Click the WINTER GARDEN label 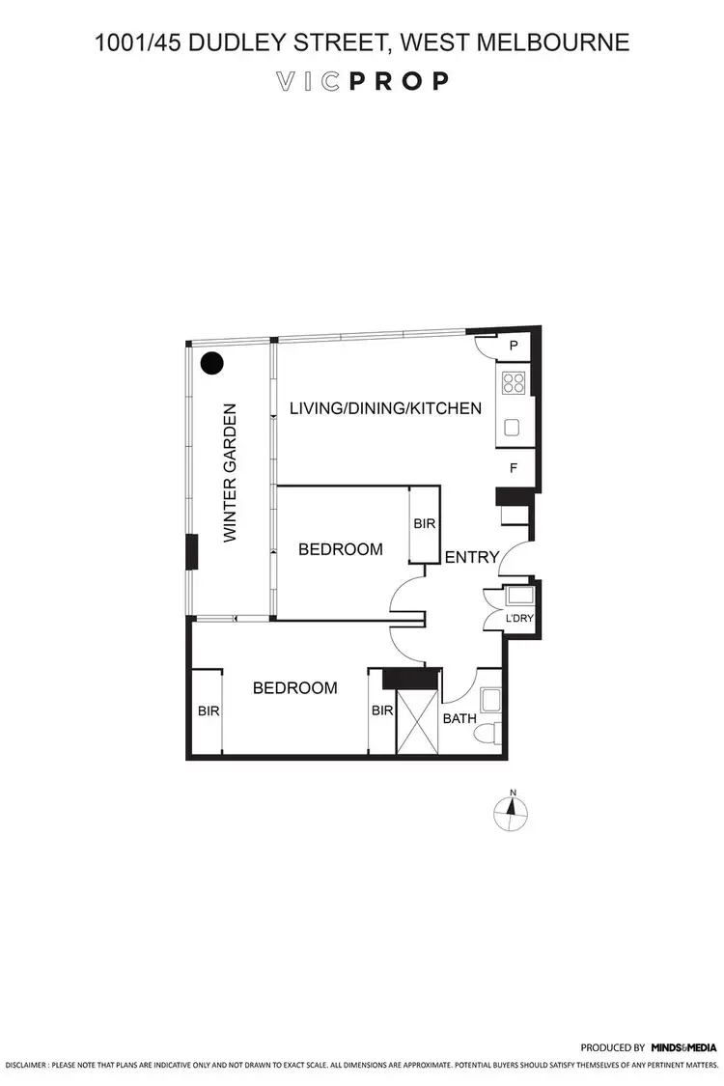[230, 473]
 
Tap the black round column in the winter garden [211, 363]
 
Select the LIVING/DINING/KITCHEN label [385, 408]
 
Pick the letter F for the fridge [514, 468]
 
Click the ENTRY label [472, 557]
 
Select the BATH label [459, 718]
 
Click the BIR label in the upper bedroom [425, 524]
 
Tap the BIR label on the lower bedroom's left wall [209, 711]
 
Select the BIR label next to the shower [382, 711]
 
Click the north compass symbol [513, 812]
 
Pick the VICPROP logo [362, 81]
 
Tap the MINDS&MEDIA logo [683, 1046]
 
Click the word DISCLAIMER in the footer [26, 1067]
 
